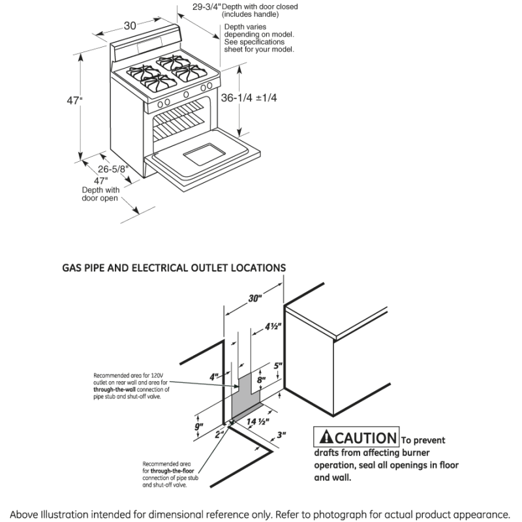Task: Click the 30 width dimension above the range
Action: tap(130, 25)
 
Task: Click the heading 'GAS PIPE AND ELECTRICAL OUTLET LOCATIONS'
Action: tap(174, 268)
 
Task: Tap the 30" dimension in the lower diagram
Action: tap(254, 298)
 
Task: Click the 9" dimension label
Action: tap(200, 427)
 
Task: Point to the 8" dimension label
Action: tap(261, 379)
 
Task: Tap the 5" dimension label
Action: tap(277, 366)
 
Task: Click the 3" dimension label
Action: tap(281, 434)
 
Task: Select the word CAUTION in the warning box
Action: tap(366, 438)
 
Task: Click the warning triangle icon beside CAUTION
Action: tap(326, 438)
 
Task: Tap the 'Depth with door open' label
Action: tap(100, 194)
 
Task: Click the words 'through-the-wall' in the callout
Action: tap(116, 390)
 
